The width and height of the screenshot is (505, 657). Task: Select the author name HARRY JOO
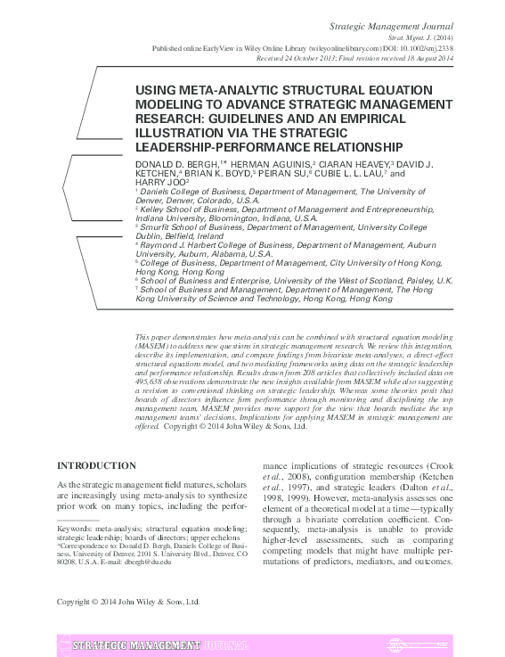pos(159,186)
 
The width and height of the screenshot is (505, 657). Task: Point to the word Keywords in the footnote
pos(75,529)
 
